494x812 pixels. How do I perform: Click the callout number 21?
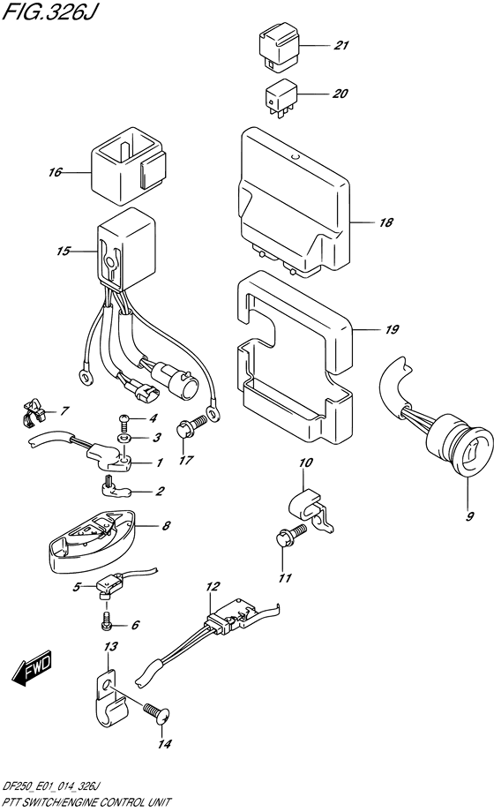(x=341, y=46)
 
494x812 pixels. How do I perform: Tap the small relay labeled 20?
(x=281, y=98)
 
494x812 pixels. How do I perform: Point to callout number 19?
(x=391, y=329)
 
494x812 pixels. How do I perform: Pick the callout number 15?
(x=64, y=252)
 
